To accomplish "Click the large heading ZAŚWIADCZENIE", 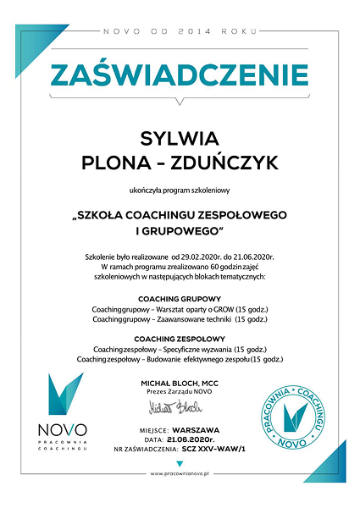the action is point(180,75).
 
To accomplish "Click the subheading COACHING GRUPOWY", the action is point(180,300).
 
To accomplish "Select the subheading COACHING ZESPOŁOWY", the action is point(180,338).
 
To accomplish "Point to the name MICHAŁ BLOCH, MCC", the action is point(179,384).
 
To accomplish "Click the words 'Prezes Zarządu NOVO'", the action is point(179,394).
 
